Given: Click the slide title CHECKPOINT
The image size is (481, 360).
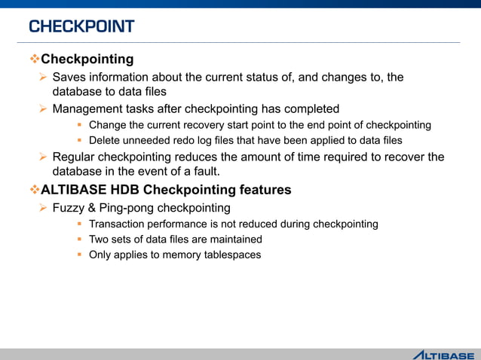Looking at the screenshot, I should [x=81, y=27].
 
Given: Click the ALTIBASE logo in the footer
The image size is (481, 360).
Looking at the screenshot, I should [x=443, y=354].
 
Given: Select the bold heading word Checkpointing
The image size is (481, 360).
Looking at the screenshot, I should [x=87, y=59].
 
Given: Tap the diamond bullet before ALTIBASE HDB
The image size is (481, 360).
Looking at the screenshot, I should [x=34, y=190].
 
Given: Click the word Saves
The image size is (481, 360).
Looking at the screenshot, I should [x=69, y=77].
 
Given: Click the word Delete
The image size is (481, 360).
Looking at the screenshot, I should [x=104, y=140].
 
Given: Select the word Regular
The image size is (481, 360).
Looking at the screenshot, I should [x=75, y=157].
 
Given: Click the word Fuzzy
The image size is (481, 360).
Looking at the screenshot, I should [x=69, y=207].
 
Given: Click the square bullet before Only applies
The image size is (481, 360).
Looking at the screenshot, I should [x=79, y=255].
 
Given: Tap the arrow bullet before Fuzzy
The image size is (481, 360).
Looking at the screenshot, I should [x=44, y=207].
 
